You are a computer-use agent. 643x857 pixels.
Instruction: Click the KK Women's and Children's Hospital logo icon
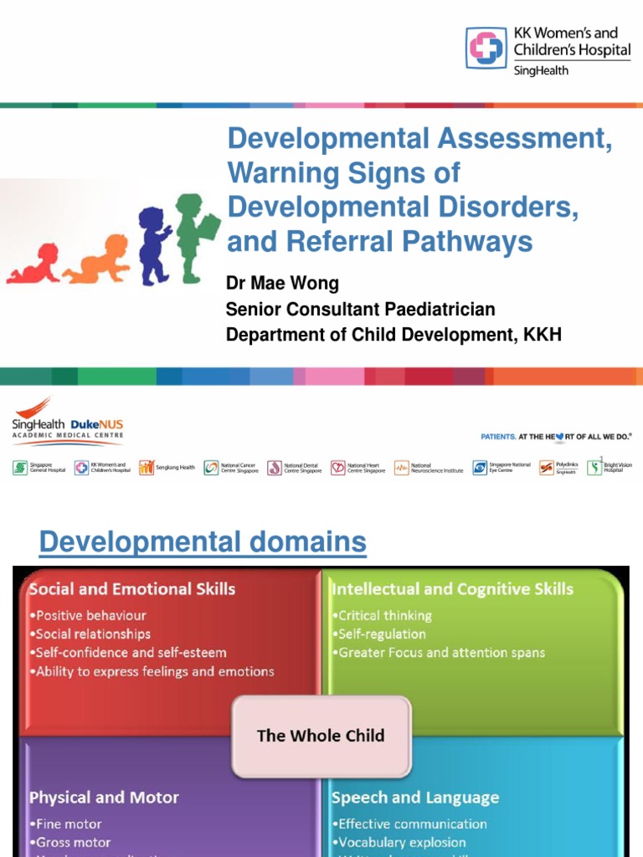[486, 48]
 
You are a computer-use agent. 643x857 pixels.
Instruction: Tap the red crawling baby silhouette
[33, 265]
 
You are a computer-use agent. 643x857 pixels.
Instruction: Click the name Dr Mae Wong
[282, 284]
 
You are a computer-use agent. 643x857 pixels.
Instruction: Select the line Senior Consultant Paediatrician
[360, 310]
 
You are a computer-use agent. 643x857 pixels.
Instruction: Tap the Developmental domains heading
[203, 542]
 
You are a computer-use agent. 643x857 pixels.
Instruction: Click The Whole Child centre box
[321, 736]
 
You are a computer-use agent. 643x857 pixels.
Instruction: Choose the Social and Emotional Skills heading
[132, 589]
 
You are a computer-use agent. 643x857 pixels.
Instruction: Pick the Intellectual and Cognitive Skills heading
[452, 589]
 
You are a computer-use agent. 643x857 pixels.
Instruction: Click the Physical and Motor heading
[104, 798]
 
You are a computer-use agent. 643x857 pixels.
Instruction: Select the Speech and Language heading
[414, 798]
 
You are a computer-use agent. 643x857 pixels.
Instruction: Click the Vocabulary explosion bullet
[399, 842]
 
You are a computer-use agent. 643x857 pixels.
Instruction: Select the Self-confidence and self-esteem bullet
[131, 652]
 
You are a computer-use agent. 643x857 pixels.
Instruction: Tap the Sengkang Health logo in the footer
[167, 468]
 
